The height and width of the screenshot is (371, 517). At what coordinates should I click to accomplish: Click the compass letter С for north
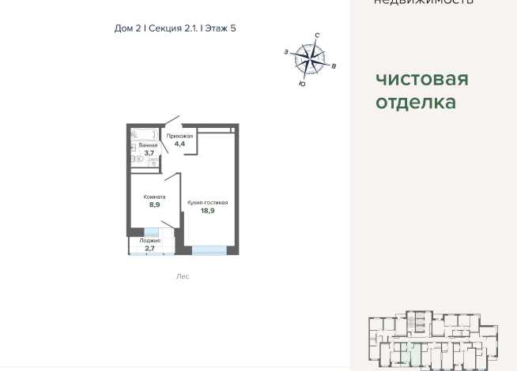pyautogui.click(x=317, y=36)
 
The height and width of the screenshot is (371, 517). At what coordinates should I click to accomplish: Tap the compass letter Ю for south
pyautogui.click(x=302, y=83)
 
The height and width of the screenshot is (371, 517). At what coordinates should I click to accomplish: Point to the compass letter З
pyautogui.click(x=285, y=52)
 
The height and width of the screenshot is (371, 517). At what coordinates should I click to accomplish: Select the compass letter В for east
pyautogui.click(x=334, y=66)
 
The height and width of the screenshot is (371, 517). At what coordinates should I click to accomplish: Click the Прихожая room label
pyautogui.click(x=179, y=136)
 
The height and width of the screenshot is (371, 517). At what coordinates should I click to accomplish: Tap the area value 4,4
pyautogui.click(x=179, y=144)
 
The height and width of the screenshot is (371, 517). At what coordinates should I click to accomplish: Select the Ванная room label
pyautogui.click(x=148, y=145)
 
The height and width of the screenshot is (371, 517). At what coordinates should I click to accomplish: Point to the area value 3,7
pyautogui.click(x=149, y=153)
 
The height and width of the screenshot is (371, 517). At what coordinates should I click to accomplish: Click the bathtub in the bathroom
pyautogui.click(x=144, y=133)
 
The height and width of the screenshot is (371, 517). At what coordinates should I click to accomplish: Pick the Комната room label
pyautogui.click(x=154, y=197)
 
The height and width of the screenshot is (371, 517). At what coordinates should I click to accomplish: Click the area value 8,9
pyautogui.click(x=155, y=204)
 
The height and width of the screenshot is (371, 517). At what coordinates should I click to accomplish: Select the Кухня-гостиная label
pyautogui.click(x=207, y=203)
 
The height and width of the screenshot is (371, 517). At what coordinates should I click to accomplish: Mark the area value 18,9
pyautogui.click(x=207, y=212)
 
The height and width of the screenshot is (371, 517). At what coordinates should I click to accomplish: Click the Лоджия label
pyautogui.click(x=149, y=240)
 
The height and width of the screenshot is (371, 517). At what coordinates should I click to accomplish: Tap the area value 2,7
pyautogui.click(x=149, y=249)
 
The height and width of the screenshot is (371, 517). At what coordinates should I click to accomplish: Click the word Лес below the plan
pyautogui.click(x=183, y=276)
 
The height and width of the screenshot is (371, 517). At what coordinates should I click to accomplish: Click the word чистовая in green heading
pyautogui.click(x=421, y=79)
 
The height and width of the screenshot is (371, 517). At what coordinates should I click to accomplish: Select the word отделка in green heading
pyautogui.click(x=415, y=103)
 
